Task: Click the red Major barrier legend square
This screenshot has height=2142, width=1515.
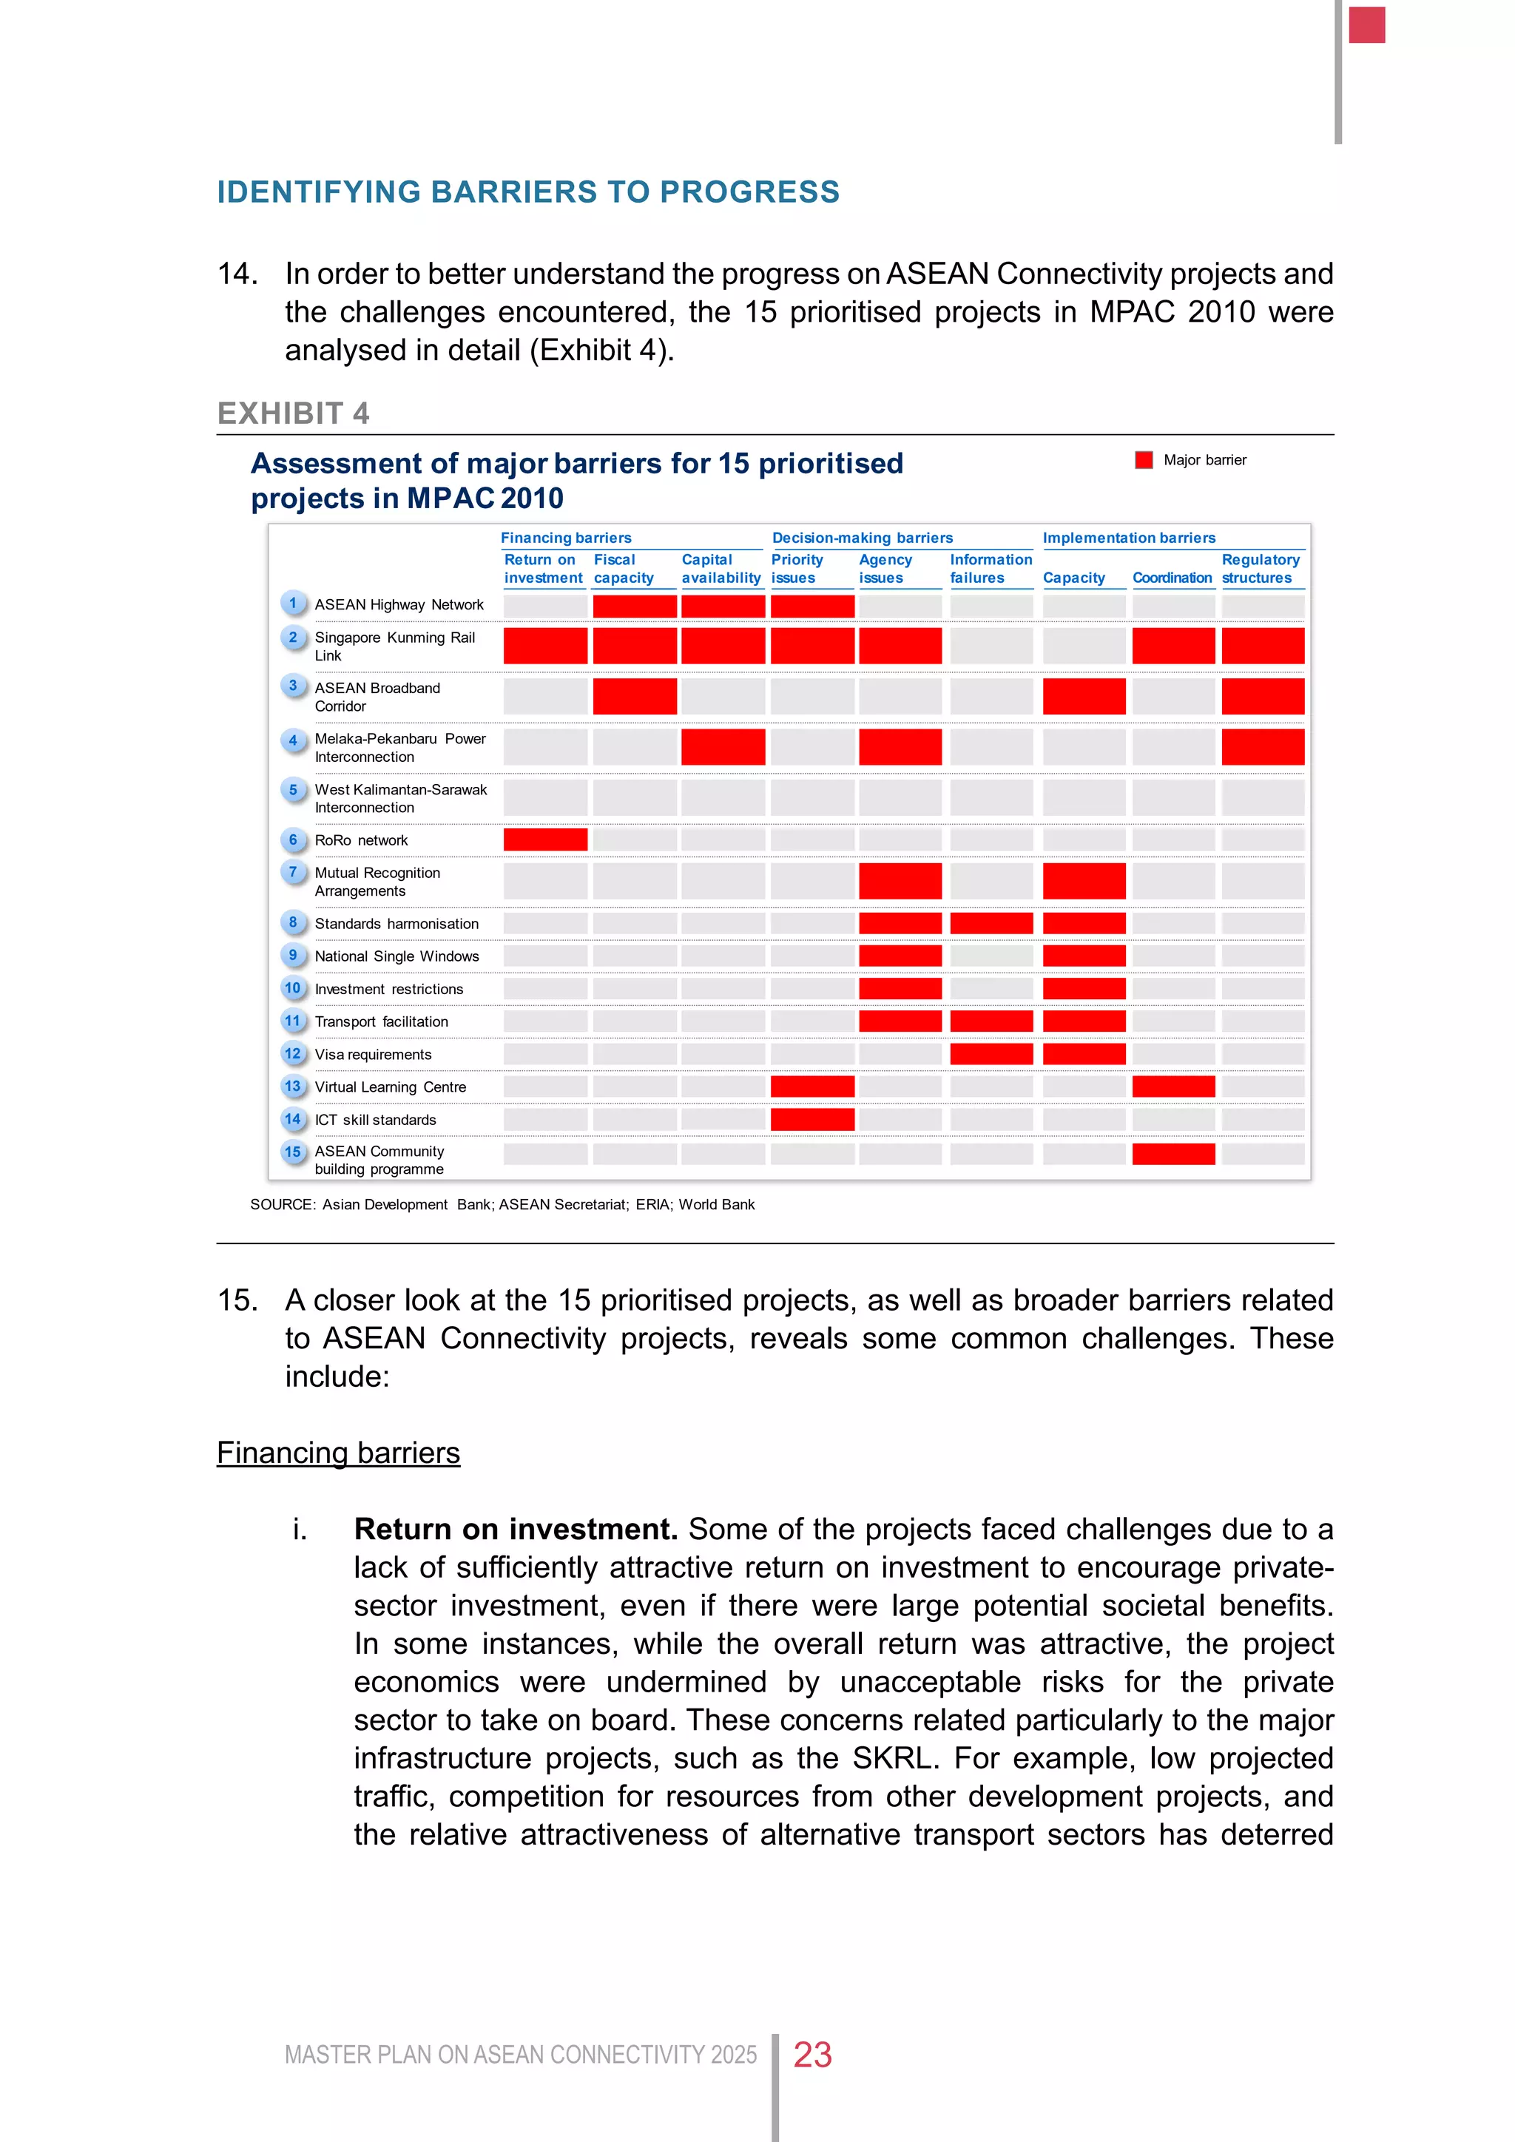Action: pyautogui.click(x=1144, y=460)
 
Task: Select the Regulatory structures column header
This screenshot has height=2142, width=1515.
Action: pyautogui.click(x=1261, y=569)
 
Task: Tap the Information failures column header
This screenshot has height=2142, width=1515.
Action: pyautogui.click(x=991, y=569)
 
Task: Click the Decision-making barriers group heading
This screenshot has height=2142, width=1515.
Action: pyautogui.click(x=862, y=538)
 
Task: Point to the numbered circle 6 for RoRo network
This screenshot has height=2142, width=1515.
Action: pyautogui.click(x=293, y=839)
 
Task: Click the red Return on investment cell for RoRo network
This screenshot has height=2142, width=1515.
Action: pyautogui.click(x=546, y=839)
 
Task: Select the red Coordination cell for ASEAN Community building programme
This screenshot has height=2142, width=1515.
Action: pyautogui.click(x=1173, y=1154)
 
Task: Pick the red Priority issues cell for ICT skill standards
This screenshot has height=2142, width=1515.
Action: pyautogui.click(x=812, y=1120)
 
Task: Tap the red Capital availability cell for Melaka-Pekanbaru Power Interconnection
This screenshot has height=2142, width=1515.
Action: pyautogui.click(x=723, y=747)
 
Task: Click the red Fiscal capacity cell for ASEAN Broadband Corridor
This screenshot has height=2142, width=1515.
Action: pyautogui.click(x=635, y=697)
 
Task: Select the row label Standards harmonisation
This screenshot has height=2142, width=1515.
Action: pyautogui.click(x=397, y=924)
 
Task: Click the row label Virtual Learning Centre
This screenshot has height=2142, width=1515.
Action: pyautogui.click(x=390, y=1087)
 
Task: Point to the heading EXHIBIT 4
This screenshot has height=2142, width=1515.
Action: pyautogui.click(x=293, y=413)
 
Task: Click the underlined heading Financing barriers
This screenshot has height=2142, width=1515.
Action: pyautogui.click(x=339, y=1453)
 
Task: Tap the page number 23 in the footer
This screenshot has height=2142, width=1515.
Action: pyautogui.click(x=812, y=2054)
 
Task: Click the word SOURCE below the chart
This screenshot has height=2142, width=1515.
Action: pyautogui.click(x=282, y=1204)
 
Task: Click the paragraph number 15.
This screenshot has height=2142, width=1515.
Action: pyautogui.click(x=236, y=1300)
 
